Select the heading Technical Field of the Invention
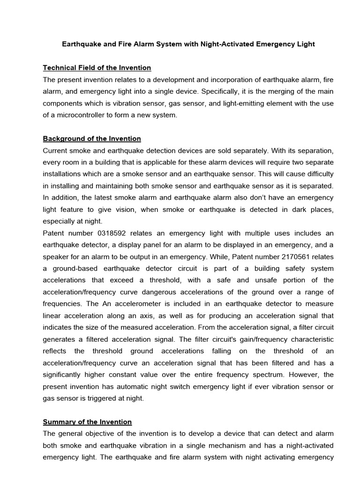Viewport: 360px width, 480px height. pyautogui.click(x=97, y=68)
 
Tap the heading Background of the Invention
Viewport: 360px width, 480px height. pyautogui.click(x=92, y=139)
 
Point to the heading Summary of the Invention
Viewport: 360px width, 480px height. pyautogui.click(x=87, y=422)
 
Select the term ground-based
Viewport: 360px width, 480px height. pyautogui.click(x=75, y=269)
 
